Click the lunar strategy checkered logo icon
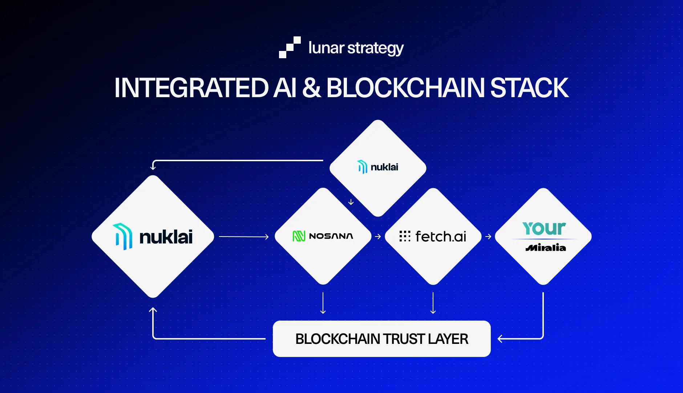[290, 47]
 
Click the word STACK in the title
[529, 88]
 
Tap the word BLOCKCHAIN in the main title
[405, 88]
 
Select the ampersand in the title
[311, 88]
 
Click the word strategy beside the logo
[375, 48]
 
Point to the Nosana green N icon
[299, 236]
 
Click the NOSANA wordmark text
[331, 236]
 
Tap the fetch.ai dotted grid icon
[405, 236]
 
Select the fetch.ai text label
[441, 237]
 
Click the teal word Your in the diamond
[544, 229]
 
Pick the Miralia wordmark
[546, 248]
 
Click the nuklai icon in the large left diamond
[123, 237]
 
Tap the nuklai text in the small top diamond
[384, 167]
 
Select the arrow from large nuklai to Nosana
[243, 237]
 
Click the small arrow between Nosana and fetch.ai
[378, 237]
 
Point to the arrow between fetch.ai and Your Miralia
[488, 237]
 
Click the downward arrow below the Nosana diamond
[323, 303]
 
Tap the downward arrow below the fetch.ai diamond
[433, 303]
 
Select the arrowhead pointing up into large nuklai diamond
[153, 310]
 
